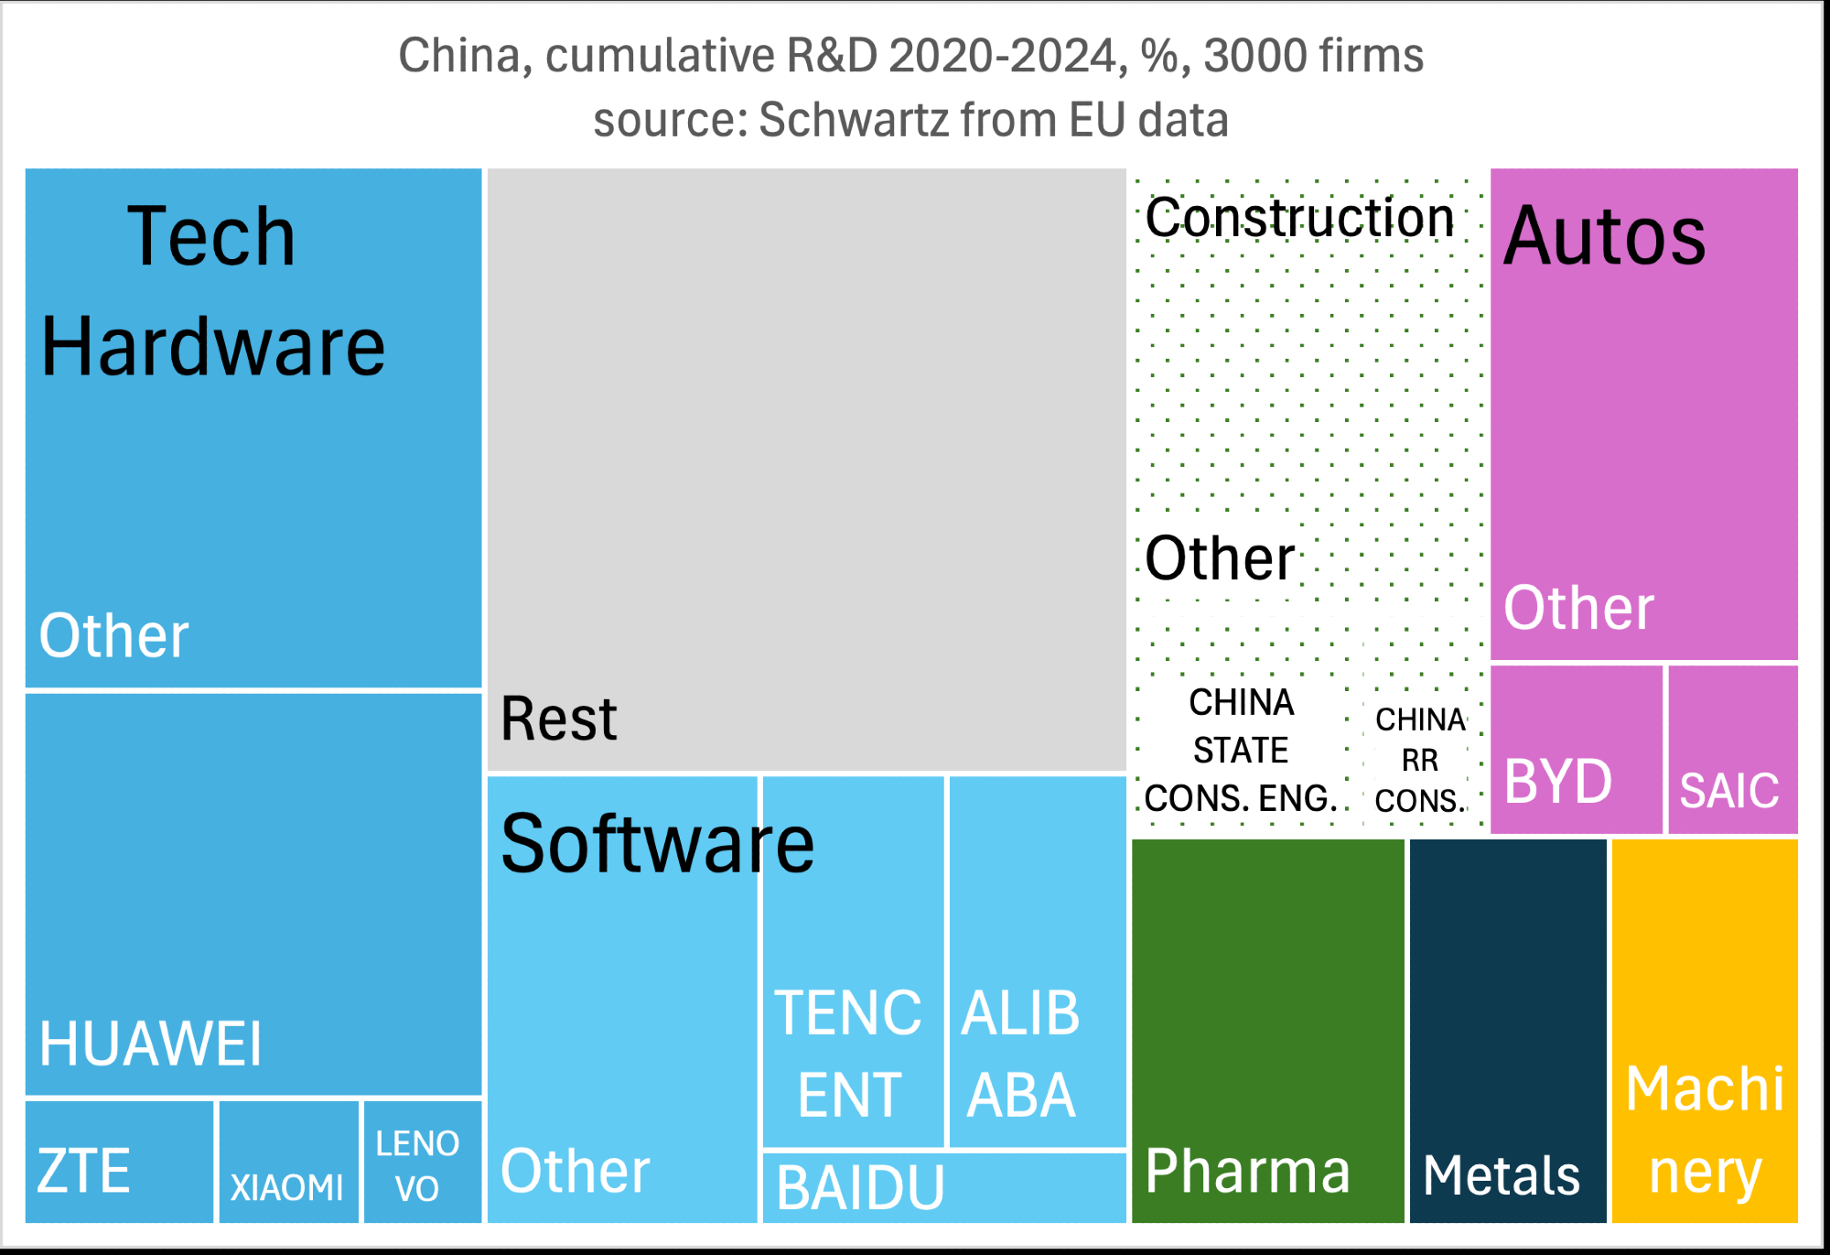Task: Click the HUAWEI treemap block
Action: (x=253, y=894)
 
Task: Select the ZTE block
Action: (x=119, y=1162)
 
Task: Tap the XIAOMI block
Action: (x=288, y=1162)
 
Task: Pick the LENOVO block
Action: (x=422, y=1162)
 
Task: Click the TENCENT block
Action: (x=853, y=961)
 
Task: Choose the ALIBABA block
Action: (x=1037, y=961)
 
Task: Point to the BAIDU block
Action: (x=943, y=1187)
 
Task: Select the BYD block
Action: (x=1576, y=750)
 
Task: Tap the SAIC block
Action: (x=1732, y=750)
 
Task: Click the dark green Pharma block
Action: (x=1267, y=1030)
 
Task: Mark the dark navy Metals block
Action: (x=1507, y=1030)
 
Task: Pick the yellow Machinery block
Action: (x=1705, y=1030)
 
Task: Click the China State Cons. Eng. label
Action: (x=1241, y=751)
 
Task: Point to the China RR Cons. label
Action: (x=1420, y=760)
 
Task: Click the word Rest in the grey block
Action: (x=558, y=719)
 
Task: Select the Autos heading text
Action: (x=1604, y=236)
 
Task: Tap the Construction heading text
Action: (x=1299, y=218)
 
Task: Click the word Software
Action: (x=657, y=843)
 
